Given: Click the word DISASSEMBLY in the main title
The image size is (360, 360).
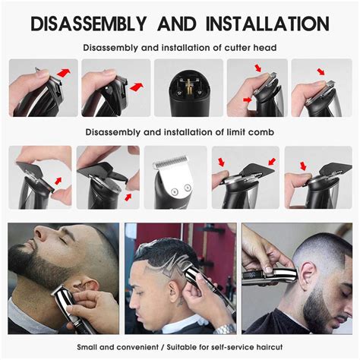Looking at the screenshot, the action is pos(89,24).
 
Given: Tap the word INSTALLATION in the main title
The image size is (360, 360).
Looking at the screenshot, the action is pos(268,24).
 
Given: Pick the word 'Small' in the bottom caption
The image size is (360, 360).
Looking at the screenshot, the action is pos(87,347).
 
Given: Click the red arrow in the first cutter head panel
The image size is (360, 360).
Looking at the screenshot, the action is pos(64,73).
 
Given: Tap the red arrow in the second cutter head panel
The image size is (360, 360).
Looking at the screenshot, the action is pos(137,87).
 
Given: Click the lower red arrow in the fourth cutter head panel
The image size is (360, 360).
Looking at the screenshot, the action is pos(248,99).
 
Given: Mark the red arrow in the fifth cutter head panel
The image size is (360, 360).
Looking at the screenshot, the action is pos(321,71).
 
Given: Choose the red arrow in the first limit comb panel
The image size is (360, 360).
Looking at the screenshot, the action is pos(58,181).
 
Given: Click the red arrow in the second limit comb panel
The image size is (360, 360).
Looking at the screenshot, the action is pos(128,197).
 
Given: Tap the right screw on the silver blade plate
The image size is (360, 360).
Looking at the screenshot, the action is pos(188,188).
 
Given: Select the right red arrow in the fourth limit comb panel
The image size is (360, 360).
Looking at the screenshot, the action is pos(272,162).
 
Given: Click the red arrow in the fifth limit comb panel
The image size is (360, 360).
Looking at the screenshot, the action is pos(303,166).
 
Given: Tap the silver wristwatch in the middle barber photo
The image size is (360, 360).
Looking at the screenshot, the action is pos(224,329).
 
